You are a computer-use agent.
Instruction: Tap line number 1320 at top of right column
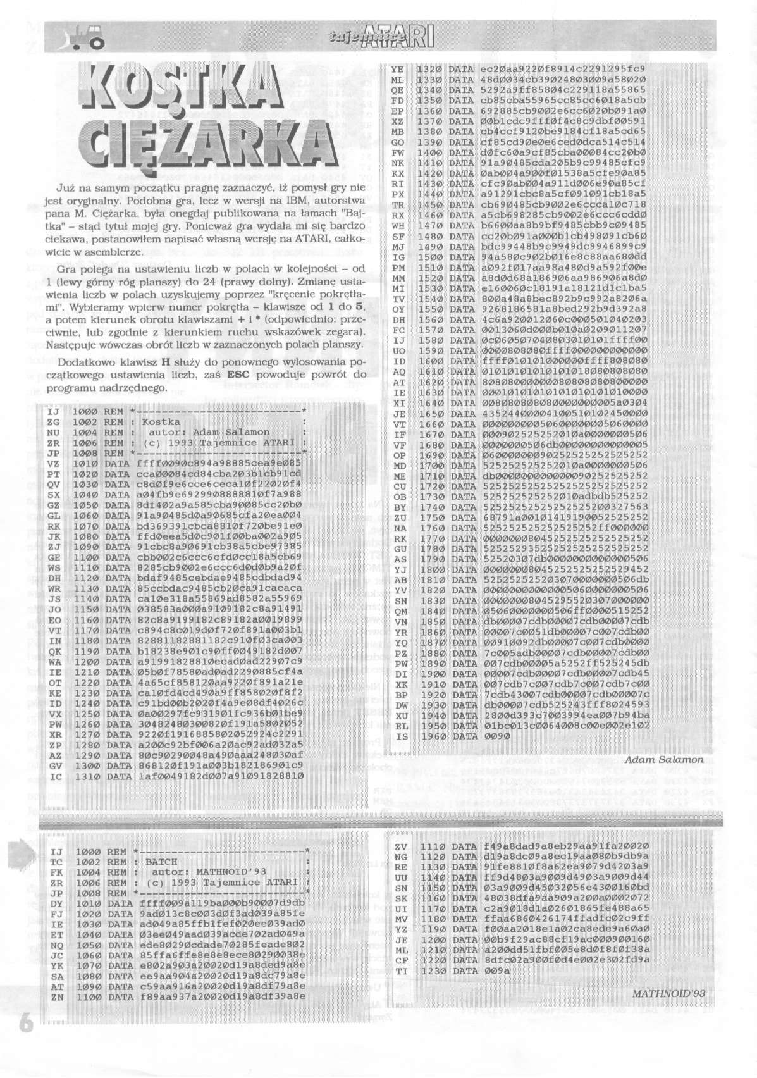pos(428,68)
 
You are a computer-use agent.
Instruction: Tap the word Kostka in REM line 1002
pos(160,421)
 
